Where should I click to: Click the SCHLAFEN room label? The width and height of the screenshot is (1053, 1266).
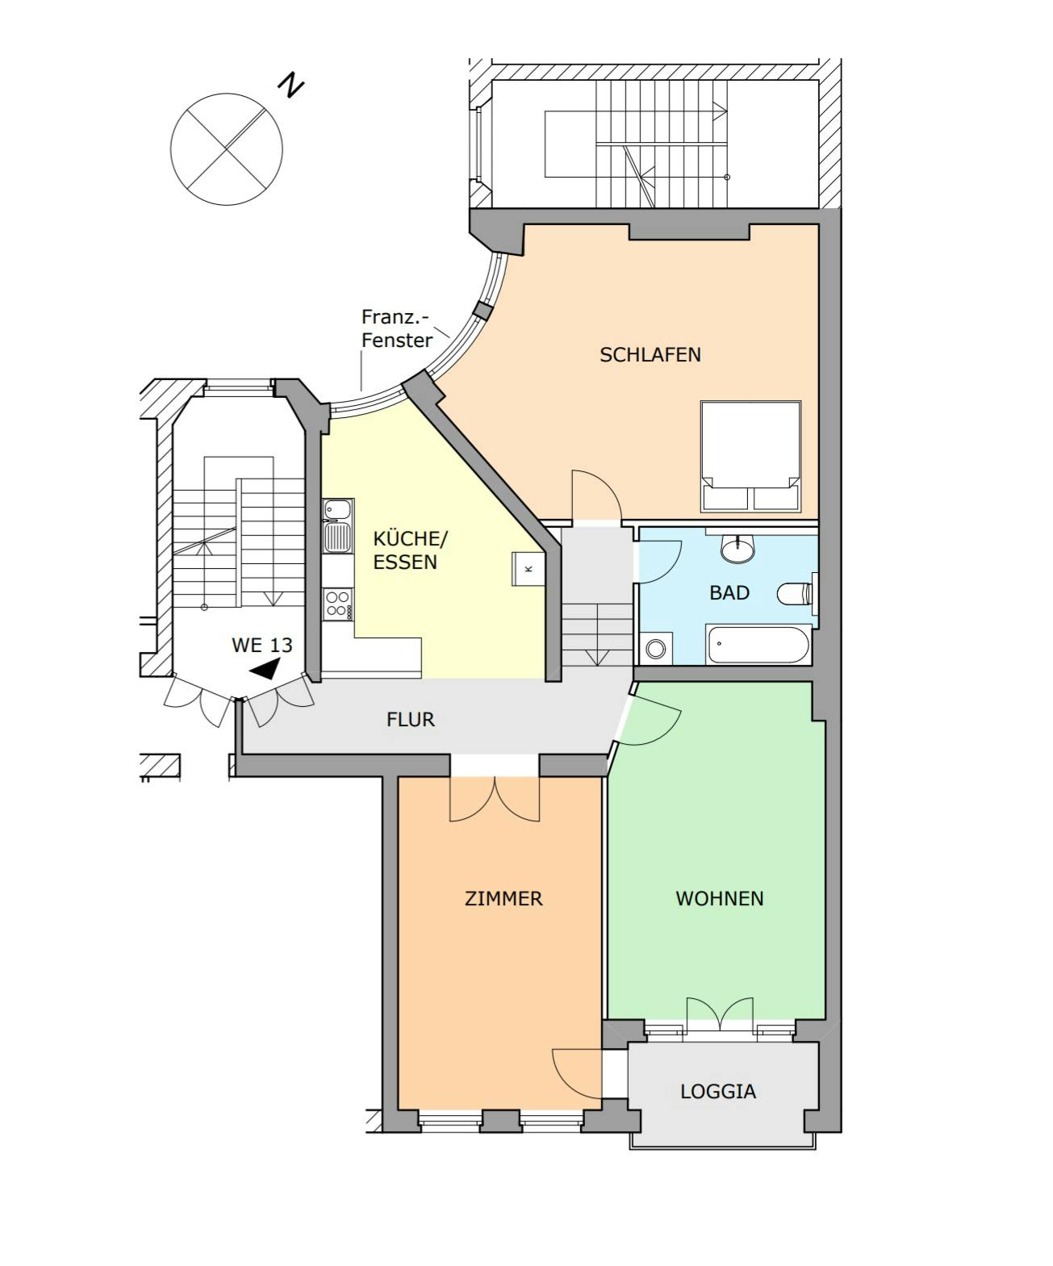pos(650,355)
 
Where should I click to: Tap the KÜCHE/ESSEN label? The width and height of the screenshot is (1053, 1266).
pos(409,550)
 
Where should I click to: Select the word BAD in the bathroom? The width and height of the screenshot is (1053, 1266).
pos(729,592)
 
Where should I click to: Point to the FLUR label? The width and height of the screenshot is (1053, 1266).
pos(411,720)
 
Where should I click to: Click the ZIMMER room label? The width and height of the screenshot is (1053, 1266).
pos(504,898)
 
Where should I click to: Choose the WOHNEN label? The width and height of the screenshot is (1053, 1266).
pos(720,898)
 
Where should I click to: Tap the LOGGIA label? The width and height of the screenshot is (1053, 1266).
pos(718,1092)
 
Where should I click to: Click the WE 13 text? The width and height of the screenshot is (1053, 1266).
pos(262,646)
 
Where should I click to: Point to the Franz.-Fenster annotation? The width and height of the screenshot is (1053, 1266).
pos(396,328)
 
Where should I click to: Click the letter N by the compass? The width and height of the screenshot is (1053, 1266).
pos(290,85)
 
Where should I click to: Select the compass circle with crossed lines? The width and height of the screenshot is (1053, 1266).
pos(226,149)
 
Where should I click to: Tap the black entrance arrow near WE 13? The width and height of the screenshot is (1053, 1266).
pos(265,668)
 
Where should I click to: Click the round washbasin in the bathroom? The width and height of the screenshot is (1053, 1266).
pos(738,549)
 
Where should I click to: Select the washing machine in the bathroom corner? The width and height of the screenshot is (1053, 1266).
pos(656,648)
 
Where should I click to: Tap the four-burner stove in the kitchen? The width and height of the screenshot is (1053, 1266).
pos(337,604)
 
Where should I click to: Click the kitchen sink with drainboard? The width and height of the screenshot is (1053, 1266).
pos(337,526)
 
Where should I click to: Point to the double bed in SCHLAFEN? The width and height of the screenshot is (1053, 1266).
pos(750,457)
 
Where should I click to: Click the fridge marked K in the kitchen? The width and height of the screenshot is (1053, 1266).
pos(528,569)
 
